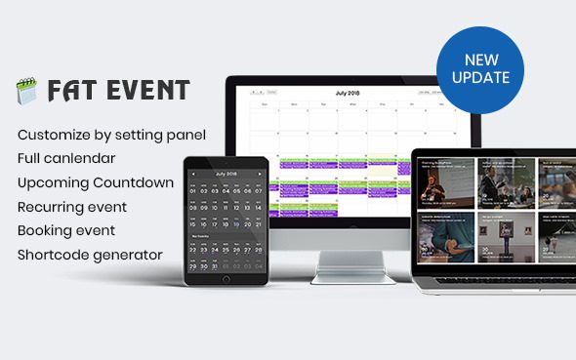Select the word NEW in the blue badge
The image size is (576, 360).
(x=480, y=60)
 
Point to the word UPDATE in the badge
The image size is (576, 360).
(x=480, y=77)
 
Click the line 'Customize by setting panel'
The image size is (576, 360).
(x=111, y=134)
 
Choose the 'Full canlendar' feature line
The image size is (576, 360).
(x=66, y=157)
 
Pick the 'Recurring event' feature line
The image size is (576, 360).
(x=72, y=207)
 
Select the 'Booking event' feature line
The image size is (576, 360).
(x=66, y=231)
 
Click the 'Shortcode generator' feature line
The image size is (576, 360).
(x=90, y=256)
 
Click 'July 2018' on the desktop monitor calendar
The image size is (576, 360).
(x=347, y=94)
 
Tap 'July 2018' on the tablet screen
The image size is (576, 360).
(x=226, y=173)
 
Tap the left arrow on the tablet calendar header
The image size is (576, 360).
(x=192, y=174)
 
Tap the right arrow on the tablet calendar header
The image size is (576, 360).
(x=260, y=174)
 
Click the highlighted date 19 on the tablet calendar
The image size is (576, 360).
(x=237, y=222)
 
